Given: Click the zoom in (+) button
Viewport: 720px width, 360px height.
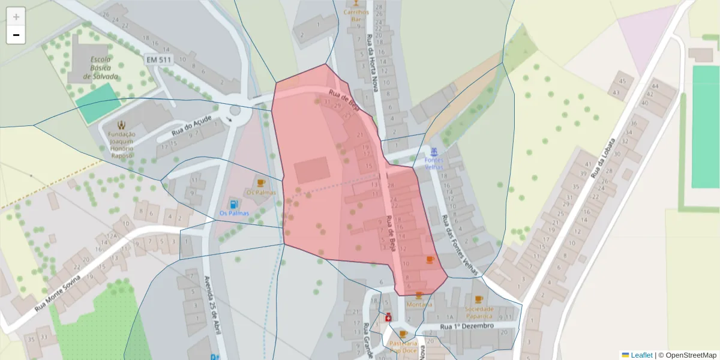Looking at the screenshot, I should pyautogui.click(x=16, y=16).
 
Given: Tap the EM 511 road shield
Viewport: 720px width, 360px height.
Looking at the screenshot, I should pyautogui.click(x=158, y=59).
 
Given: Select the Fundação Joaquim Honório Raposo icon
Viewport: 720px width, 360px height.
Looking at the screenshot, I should pyautogui.click(x=122, y=125).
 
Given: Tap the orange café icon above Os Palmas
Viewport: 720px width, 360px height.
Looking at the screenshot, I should pyautogui.click(x=261, y=183).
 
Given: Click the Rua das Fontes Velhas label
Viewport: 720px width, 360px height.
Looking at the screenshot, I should pyautogui.click(x=461, y=246).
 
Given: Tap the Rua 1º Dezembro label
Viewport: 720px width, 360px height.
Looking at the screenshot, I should pyautogui.click(x=467, y=326).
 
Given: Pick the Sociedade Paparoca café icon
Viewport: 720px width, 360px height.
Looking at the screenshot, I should pyautogui.click(x=479, y=299).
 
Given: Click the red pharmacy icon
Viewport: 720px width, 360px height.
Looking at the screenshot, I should pyautogui.click(x=388, y=317).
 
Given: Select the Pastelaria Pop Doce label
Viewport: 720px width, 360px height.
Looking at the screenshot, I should pyautogui.click(x=403, y=347).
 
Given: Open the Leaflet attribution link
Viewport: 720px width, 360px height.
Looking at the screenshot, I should pyautogui.click(x=641, y=355).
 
